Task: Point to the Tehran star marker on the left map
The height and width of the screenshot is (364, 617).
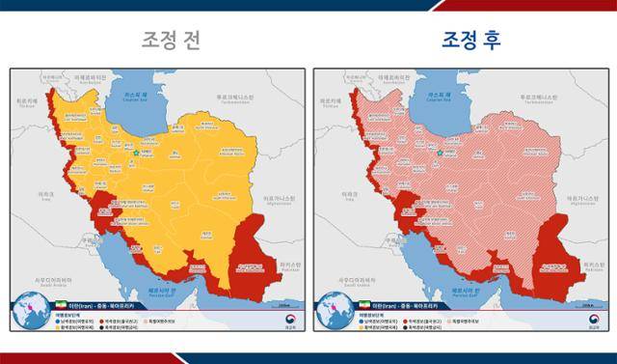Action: click(x=134, y=153)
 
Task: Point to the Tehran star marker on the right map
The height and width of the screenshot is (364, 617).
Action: click(x=439, y=153)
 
